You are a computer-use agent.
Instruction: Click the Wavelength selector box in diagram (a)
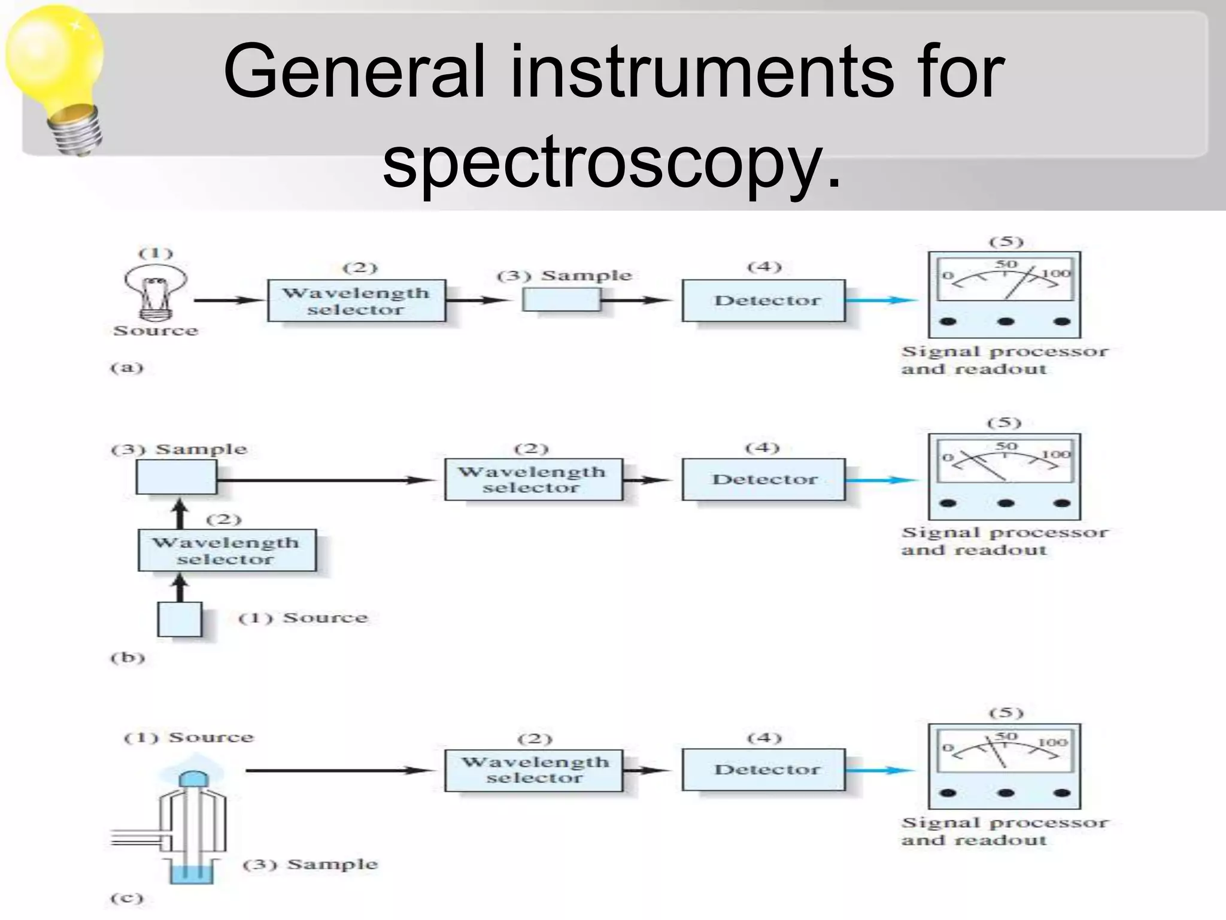pyautogui.click(x=356, y=301)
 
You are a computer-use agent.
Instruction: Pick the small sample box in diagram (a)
pyautogui.click(x=561, y=299)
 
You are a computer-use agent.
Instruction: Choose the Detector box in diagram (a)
pyautogui.click(x=764, y=300)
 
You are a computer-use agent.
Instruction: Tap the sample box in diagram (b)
pyautogui.click(x=176, y=477)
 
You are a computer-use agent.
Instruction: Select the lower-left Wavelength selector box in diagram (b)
pyautogui.click(x=227, y=550)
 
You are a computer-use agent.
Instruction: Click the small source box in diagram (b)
pyautogui.click(x=180, y=619)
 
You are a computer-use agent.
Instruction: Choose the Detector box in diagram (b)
pyautogui.click(x=764, y=479)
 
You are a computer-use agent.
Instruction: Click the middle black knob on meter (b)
pyautogui.click(x=1006, y=504)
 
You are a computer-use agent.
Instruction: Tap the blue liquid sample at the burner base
pyautogui.click(x=192, y=874)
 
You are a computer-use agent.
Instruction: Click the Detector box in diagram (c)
pyautogui.click(x=764, y=770)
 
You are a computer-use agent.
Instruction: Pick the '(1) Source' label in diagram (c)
pyautogui.click(x=189, y=737)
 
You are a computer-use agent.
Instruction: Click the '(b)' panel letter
pyautogui.click(x=128, y=658)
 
